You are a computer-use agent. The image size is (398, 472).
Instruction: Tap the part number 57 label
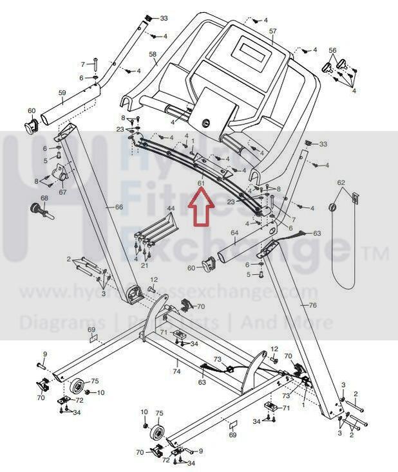[x=272, y=32]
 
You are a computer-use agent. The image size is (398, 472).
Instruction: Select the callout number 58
[x=153, y=54]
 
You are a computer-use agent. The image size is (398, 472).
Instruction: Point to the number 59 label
[x=62, y=93]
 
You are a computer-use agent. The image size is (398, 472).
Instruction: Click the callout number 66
[x=118, y=207]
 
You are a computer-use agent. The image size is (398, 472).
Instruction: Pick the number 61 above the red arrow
[x=201, y=183]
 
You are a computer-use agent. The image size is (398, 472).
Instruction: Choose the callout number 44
[x=171, y=209]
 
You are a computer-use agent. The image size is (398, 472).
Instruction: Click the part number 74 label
[x=176, y=372]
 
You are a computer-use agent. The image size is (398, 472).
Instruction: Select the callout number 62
[x=341, y=183]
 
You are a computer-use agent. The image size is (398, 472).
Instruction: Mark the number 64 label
[x=234, y=232]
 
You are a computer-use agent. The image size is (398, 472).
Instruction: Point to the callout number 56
[x=332, y=50]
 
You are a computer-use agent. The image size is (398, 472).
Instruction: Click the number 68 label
[x=44, y=198]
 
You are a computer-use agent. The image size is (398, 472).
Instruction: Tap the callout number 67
[x=62, y=192]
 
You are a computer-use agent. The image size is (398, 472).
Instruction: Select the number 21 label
[x=144, y=266]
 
